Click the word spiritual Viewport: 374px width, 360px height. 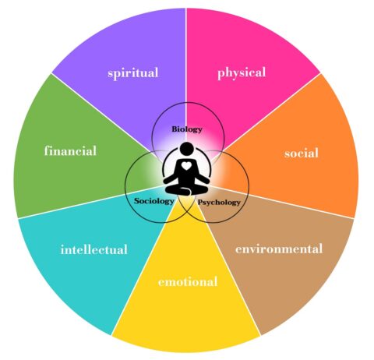pyautogui.click(x=133, y=73)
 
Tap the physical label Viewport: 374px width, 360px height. pyautogui.click(x=242, y=72)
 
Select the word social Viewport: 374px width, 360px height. pyautogui.click(x=302, y=153)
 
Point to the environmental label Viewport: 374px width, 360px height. pyautogui.click(x=279, y=249)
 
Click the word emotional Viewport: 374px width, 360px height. pyautogui.click(x=188, y=282)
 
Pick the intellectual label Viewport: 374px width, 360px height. pyautogui.click(x=94, y=249)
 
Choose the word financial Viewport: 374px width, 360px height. pyautogui.click(x=70, y=150)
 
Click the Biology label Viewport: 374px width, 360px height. pyautogui.click(x=187, y=129)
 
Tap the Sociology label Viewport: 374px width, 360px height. pyautogui.click(x=154, y=201)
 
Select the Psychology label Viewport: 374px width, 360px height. pyautogui.click(x=219, y=203)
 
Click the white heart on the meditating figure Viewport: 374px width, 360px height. pyautogui.click(x=186, y=165)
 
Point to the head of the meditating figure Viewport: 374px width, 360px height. pyautogui.click(x=186, y=149)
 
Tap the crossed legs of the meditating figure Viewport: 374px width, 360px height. pyautogui.click(x=186, y=189)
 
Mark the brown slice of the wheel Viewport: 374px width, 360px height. pyautogui.click(x=280, y=255)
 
